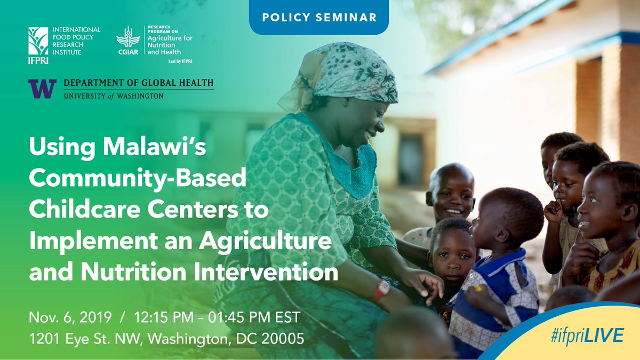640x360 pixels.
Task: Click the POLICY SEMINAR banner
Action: (x=319, y=17)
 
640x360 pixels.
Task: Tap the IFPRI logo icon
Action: (x=38, y=41)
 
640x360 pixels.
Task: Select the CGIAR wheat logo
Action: (x=128, y=37)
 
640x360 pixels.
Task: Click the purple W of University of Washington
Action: (x=42, y=89)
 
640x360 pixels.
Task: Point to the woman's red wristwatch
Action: (x=381, y=290)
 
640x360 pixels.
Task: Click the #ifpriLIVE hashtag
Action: (x=587, y=335)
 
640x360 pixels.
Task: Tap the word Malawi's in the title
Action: (x=155, y=147)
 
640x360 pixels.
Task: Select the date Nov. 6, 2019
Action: (x=70, y=317)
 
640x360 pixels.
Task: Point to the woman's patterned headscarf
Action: (x=343, y=74)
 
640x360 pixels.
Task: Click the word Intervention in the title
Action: (x=266, y=271)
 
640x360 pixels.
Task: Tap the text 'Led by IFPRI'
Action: (x=180, y=61)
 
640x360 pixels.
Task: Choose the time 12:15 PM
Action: (x=164, y=317)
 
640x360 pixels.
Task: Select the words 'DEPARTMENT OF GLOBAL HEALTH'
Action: (x=139, y=83)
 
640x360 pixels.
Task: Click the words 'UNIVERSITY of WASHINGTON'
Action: (x=114, y=95)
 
